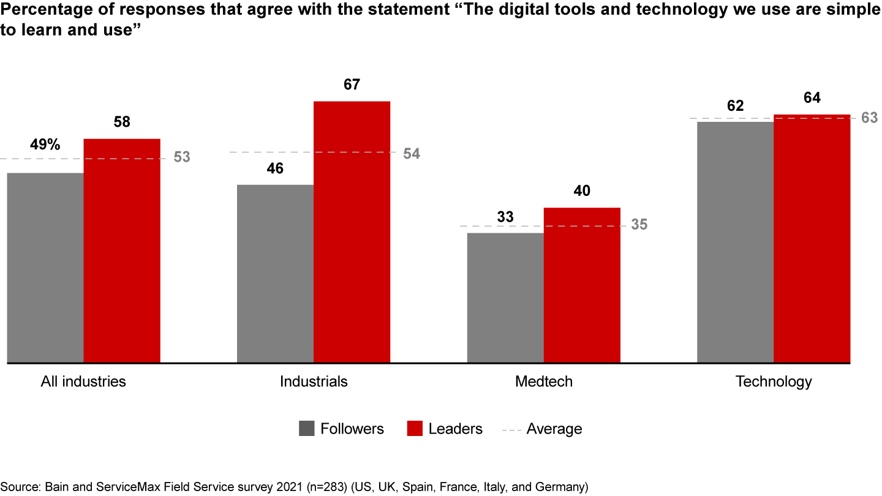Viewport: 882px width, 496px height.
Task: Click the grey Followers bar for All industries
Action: click(x=45, y=268)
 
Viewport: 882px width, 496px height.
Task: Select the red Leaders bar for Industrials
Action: click(x=352, y=232)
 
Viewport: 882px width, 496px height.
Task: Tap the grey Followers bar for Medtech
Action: click(x=505, y=298)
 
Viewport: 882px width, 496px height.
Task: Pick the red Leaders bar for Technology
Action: click(x=812, y=239)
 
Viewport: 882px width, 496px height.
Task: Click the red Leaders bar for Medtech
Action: click(x=582, y=285)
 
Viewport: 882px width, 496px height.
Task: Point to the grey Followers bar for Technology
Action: click(x=735, y=242)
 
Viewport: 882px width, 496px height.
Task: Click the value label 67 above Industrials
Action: click(x=352, y=85)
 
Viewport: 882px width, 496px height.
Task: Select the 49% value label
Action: click(x=45, y=145)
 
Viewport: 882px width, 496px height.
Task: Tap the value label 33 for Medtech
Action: click(x=505, y=217)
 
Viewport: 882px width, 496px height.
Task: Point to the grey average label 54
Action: click(x=412, y=154)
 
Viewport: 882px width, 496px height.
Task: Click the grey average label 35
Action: click(x=639, y=225)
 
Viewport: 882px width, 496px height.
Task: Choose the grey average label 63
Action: click(x=870, y=118)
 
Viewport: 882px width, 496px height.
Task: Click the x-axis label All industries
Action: click(x=83, y=381)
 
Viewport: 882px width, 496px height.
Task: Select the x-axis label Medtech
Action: click(x=544, y=381)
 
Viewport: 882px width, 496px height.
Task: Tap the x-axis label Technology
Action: click(x=774, y=381)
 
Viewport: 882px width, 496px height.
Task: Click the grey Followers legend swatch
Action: click(x=307, y=429)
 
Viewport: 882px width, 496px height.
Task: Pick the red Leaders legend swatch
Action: click(x=415, y=429)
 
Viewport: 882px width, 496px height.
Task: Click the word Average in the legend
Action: click(x=554, y=429)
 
